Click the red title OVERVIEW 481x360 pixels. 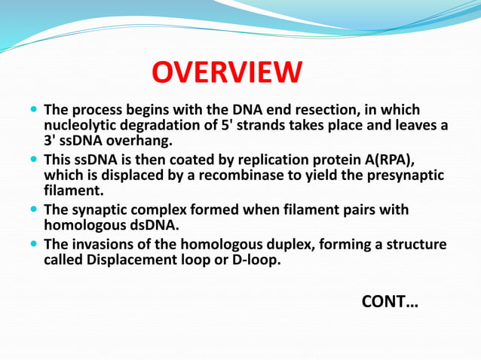click(226, 74)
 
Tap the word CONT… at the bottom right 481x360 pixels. click(390, 302)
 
